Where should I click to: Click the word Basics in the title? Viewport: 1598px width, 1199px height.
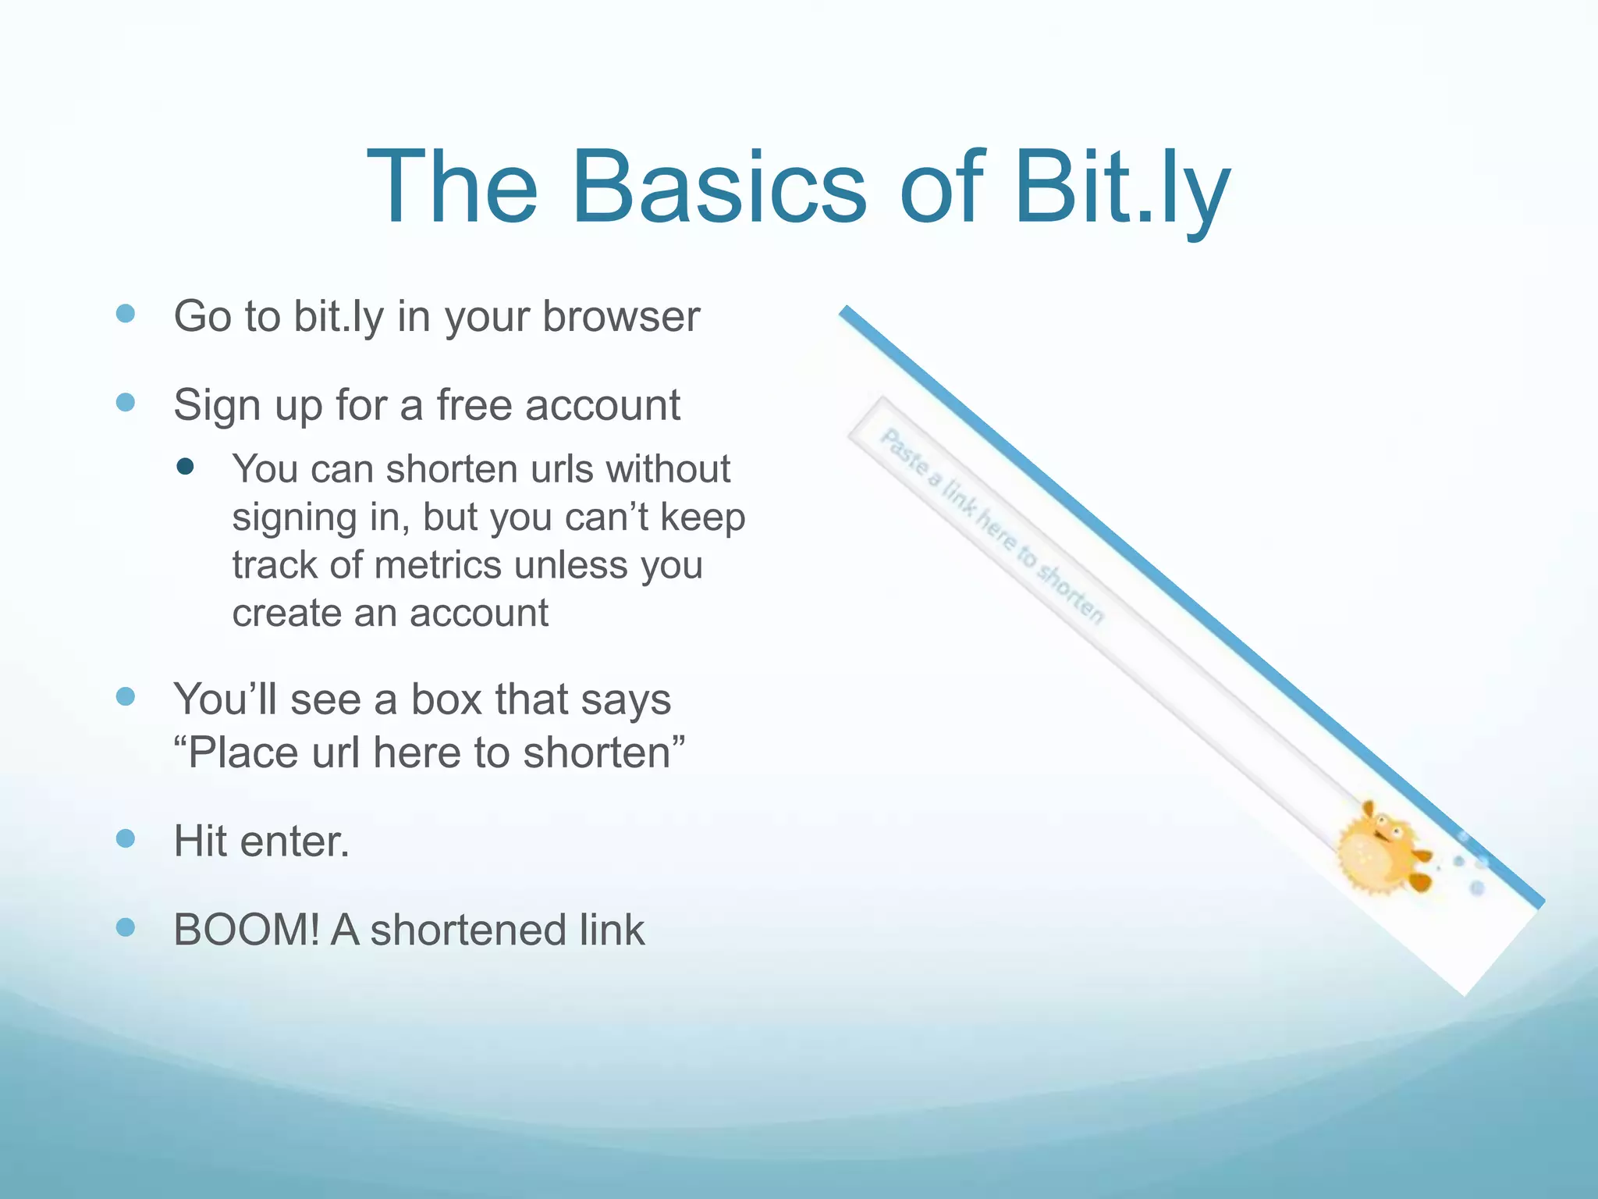coord(719,188)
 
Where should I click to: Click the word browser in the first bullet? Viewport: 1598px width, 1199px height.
coord(621,316)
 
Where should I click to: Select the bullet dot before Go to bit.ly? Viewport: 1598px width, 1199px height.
coord(125,314)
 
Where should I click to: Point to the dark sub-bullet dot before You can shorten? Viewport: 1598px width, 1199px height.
coord(185,467)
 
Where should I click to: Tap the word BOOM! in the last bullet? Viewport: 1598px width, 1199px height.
coord(246,930)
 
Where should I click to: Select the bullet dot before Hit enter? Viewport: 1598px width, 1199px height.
coord(125,838)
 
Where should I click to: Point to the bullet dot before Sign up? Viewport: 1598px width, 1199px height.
coord(125,403)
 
